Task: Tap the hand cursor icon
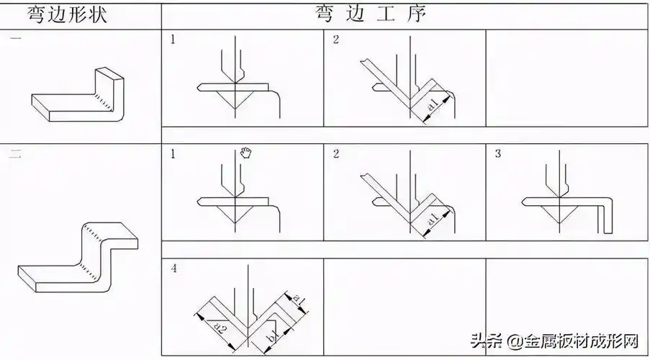pos(246,153)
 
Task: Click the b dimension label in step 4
pos(270,337)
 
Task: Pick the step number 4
pos(173,269)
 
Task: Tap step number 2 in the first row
pos(336,40)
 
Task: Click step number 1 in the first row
pos(173,40)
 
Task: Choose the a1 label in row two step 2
pos(432,220)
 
